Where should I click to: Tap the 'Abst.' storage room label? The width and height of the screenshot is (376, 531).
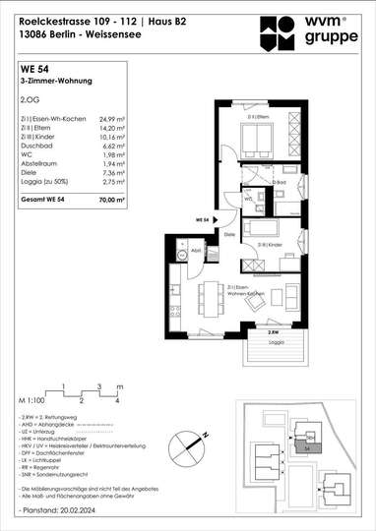[196, 251]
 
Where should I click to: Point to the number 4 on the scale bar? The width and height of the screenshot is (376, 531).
[117, 401]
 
